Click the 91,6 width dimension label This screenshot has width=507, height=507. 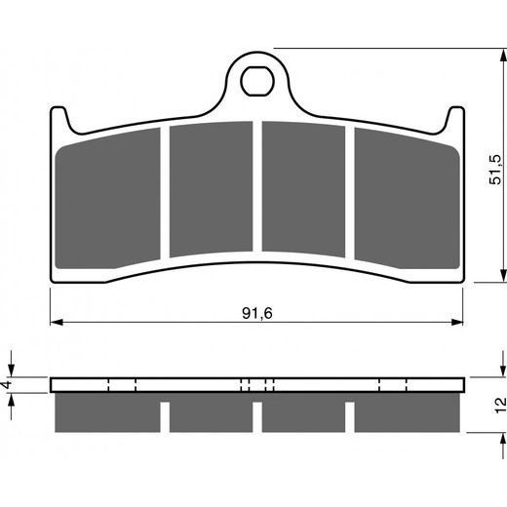coord(257,313)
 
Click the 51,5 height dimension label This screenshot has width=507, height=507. coord(496,170)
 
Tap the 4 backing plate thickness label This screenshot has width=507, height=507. coord(7,385)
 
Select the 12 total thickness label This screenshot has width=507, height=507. coord(501,405)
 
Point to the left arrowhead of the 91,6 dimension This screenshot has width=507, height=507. coord(57,323)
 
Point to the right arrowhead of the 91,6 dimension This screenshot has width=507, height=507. coord(456,323)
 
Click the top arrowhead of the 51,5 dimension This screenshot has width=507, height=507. coord(503,56)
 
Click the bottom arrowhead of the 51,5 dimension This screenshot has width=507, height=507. coord(503,276)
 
